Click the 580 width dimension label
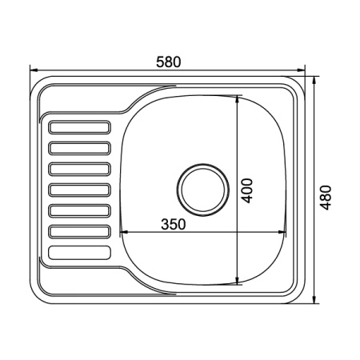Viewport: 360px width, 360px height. [x=168, y=62]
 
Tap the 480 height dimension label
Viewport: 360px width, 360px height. [x=326, y=198]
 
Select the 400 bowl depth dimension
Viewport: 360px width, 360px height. [x=246, y=190]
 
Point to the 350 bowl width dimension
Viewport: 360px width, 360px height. [x=173, y=224]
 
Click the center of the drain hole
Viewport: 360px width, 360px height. [x=202, y=190]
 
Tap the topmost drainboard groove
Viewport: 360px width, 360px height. [x=79, y=127]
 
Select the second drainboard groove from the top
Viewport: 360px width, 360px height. [x=79, y=148]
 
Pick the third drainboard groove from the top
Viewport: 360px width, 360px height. [x=79, y=169]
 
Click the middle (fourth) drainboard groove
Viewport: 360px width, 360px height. [x=79, y=190]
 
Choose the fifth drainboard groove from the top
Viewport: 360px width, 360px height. [x=79, y=210]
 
